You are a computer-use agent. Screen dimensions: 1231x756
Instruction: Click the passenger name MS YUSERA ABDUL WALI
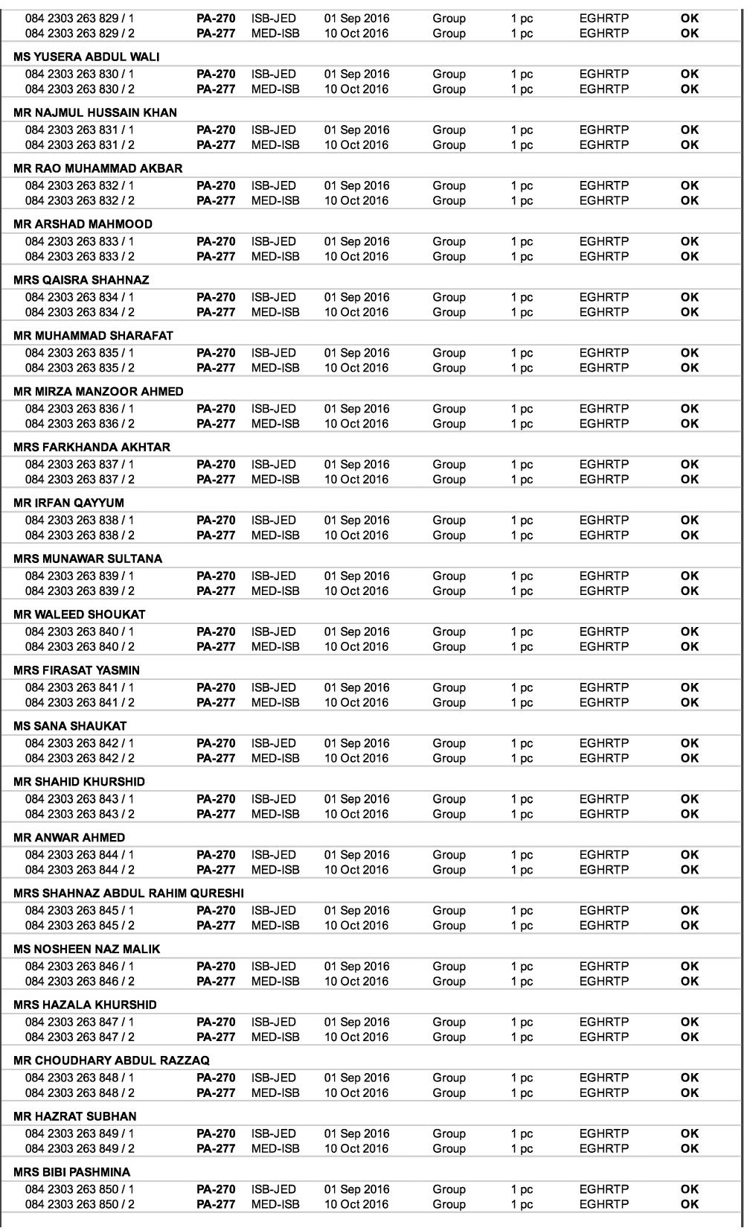(x=86, y=57)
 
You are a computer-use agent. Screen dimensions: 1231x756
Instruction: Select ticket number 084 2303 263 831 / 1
(x=80, y=130)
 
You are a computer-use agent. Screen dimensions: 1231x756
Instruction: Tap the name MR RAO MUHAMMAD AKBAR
(x=97, y=168)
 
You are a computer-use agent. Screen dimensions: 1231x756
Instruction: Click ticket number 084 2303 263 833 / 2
(x=80, y=256)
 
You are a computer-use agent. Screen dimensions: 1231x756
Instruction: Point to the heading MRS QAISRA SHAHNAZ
(x=81, y=280)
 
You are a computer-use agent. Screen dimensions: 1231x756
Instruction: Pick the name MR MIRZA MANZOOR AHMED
(x=98, y=392)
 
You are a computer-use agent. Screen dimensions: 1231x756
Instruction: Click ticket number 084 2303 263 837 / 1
(x=80, y=465)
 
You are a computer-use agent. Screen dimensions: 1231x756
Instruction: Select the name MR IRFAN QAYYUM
(x=68, y=503)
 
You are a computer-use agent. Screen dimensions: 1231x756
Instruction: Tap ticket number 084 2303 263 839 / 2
(x=80, y=591)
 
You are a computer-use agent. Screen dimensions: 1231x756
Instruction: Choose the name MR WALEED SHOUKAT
(x=80, y=614)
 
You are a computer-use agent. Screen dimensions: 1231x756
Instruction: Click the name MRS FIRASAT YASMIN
(x=77, y=670)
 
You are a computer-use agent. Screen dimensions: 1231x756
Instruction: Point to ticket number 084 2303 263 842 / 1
(x=80, y=743)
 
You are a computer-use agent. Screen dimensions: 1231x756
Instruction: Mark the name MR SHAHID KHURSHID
(x=79, y=782)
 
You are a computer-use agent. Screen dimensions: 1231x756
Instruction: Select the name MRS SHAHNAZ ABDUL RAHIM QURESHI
(x=129, y=894)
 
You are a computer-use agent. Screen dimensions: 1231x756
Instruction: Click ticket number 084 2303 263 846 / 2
(x=80, y=982)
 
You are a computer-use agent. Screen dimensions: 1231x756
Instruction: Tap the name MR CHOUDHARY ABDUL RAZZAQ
(x=112, y=1060)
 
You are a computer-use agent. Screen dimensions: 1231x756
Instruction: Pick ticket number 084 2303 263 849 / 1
(x=80, y=1133)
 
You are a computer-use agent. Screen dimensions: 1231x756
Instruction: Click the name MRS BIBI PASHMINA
(x=71, y=1172)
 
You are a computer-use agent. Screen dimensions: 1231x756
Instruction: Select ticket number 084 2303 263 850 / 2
(x=80, y=1204)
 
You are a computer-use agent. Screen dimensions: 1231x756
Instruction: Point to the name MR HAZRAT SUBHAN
(x=75, y=1116)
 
